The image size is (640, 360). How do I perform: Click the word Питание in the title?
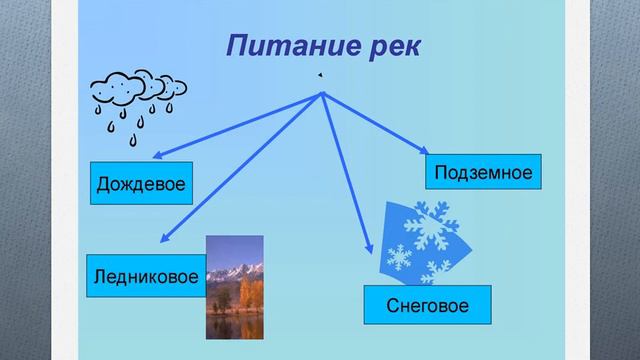pyautogui.click(x=285, y=46)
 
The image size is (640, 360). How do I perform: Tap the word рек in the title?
pyautogui.click(x=387, y=47)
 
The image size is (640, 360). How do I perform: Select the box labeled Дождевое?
pyautogui.click(x=142, y=184)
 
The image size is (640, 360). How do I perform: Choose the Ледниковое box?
pyautogui.click(x=144, y=275)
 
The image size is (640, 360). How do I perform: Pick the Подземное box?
pyautogui.click(x=482, y=172)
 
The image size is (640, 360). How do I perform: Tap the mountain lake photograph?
pyautogui.click(x=234, y=288)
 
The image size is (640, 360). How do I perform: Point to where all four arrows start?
pyautogui.click(x=322, y=94)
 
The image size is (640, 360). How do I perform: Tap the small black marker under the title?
pyautogui.click(x=319, y=75)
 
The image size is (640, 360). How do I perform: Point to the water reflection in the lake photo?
pyautogui.click(x=235, y=324)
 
